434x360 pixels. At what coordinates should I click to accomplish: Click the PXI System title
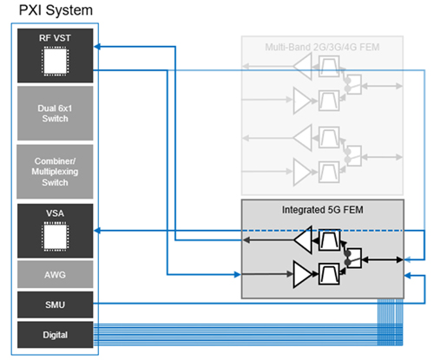pos(56,10)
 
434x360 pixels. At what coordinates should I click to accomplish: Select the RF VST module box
pos(56,56)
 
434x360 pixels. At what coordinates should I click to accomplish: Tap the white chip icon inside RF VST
pos(56,62)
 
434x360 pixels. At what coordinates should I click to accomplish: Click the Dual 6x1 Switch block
pos(56,114)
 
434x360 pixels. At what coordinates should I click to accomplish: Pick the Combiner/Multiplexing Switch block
pos(55,172)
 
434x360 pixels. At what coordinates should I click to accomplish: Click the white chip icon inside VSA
pos(56,236)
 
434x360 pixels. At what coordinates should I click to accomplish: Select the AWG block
pos(56,274)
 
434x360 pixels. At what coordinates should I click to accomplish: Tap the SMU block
pos(56,304)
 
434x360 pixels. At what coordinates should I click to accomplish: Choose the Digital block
pos(56,335)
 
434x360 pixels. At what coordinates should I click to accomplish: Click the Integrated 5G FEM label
pos(323,210)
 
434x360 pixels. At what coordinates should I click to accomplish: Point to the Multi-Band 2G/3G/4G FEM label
pos(322,47)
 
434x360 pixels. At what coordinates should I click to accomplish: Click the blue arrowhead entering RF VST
pos(97,46)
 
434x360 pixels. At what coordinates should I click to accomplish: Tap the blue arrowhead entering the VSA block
pos(97,231)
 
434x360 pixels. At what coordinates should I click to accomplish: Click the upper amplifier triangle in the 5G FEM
pos(303,239)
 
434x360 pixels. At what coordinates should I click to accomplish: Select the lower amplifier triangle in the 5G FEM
pos(302,274)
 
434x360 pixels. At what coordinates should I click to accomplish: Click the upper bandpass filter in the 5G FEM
pos(329,240)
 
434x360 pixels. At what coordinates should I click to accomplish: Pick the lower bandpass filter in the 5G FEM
pos(329,274)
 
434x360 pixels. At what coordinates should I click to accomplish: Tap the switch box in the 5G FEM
pos(354,258)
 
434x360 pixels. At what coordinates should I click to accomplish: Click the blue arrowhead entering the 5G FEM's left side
pos(237,274)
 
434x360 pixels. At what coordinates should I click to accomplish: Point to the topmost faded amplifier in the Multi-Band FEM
pos(303,66)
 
